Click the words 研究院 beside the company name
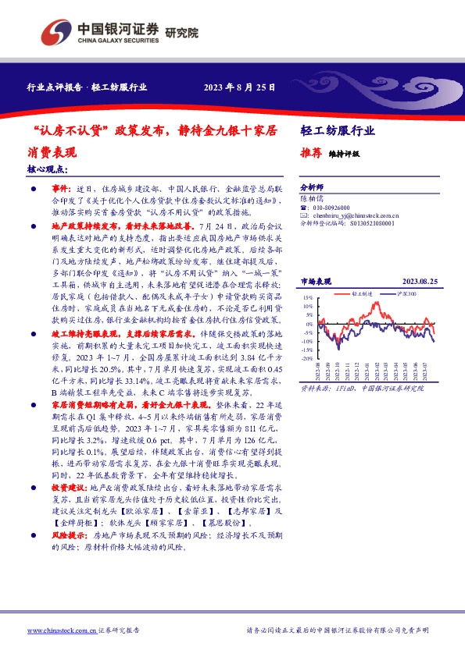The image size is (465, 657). pos(182,34)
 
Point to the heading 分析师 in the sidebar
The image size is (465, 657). pos(313,189)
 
